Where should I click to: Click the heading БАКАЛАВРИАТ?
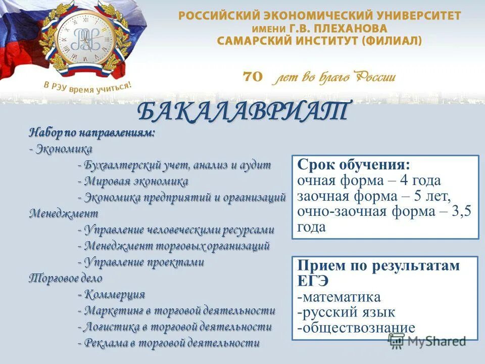[x=243, y=112]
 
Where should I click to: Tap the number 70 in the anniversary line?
[x=253, y=76]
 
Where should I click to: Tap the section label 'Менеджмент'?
[x=64, y=213]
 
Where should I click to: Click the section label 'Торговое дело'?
[x=66, y=278]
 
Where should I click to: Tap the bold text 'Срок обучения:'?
[x=354, y=165]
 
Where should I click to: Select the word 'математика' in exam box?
[x=341, y=297]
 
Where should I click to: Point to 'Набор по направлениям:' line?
[x=92, y=133]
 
